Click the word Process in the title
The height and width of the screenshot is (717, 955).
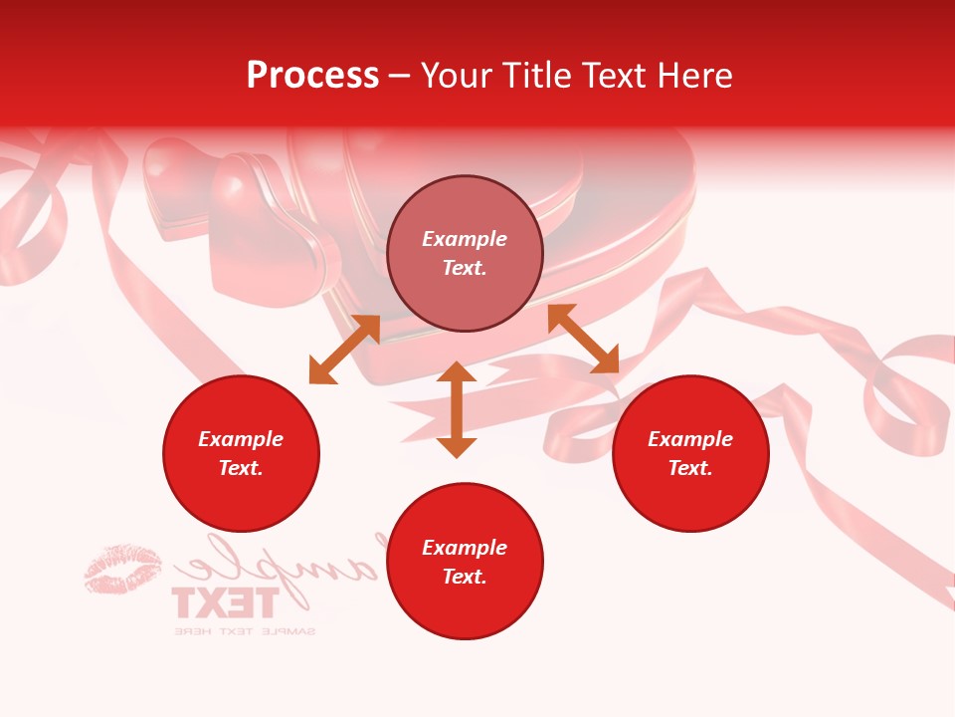(312, 76)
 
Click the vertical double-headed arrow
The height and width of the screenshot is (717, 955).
(457, 409)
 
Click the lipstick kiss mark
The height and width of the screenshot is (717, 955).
(122, 569)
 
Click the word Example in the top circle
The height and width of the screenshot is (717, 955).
(465, 239)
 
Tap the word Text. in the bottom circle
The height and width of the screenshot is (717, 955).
(465, 577)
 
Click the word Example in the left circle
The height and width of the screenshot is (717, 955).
(241, 439)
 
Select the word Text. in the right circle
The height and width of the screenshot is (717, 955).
(690, 468)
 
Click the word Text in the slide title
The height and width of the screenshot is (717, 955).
(613, 76)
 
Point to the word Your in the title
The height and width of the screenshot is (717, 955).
(456, 76)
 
